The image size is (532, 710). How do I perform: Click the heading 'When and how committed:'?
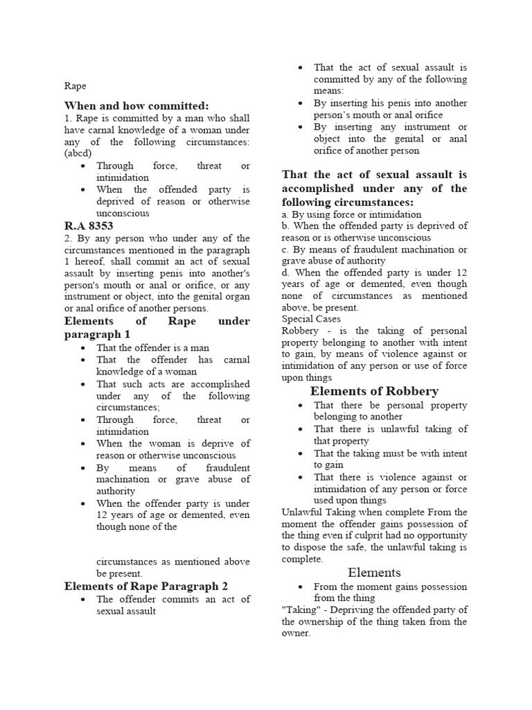[136, 105]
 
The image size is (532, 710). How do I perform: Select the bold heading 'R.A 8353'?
[89, 226]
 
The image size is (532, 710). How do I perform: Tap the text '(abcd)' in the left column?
[78, 153]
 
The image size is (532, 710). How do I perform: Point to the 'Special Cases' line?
[311, 319]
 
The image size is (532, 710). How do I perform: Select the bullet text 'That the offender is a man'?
[152, 347]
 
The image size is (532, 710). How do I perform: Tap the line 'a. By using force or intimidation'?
[351, 214]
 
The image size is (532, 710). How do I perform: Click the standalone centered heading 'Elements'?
[374, 572]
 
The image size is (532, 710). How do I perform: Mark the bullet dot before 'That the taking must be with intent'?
[299, 453]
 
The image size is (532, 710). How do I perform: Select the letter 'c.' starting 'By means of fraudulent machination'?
[285, 250]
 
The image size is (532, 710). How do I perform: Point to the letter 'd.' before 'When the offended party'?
[285, 272]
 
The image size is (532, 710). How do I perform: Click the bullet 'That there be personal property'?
[390, 405]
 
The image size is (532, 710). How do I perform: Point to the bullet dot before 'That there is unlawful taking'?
[299, 429]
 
